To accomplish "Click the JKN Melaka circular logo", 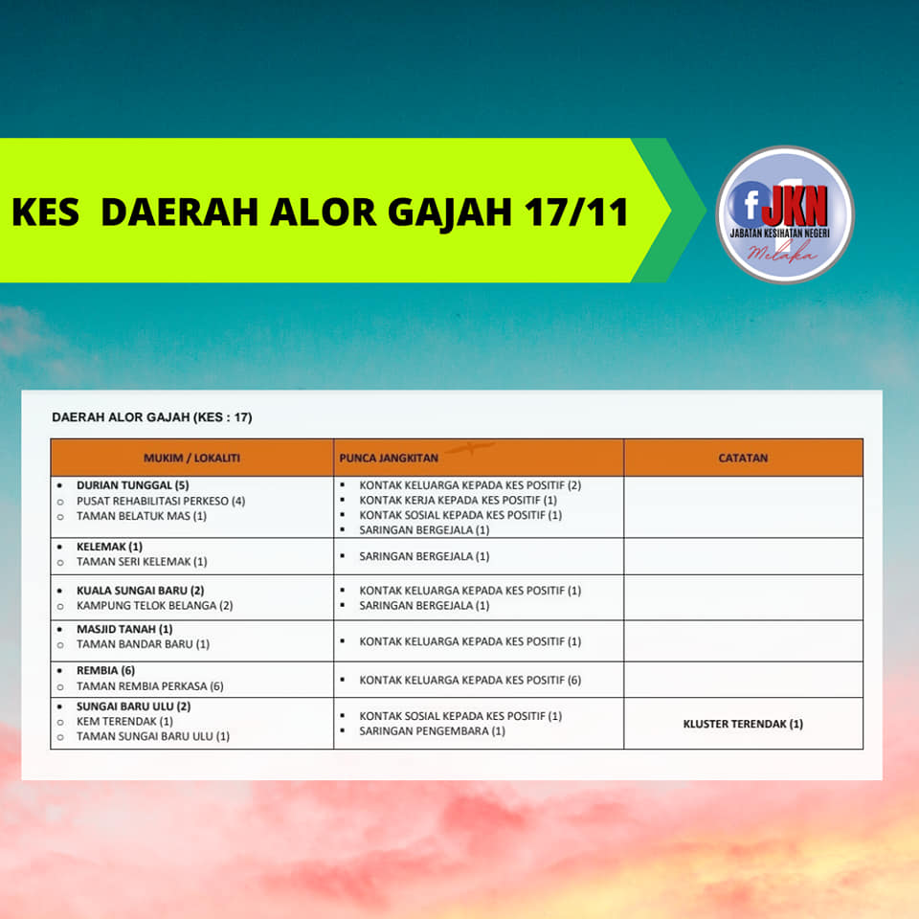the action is click(x=785, y=214).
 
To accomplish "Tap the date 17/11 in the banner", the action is click(x=576, y=212).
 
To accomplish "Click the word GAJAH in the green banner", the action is click(x=450, y=213).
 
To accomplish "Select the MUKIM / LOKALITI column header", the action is click(x=191, y=458).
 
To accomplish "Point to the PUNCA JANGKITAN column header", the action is click(x=389, y=458).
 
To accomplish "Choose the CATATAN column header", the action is click(x=743, y=458).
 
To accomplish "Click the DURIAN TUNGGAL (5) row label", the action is click(x=132, y=485).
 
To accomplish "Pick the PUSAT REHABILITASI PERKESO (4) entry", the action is click(x=161, y=501).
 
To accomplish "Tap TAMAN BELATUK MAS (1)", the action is click(x=142, y=516).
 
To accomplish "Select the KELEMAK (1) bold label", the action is click(x=109, y=547).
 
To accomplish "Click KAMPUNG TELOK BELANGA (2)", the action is click(x=155, y=605).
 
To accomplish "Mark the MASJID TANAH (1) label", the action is click(x=124, y=629).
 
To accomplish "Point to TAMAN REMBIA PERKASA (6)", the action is click(x=150, y=685).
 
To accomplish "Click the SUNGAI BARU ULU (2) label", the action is click(x=134, y=706).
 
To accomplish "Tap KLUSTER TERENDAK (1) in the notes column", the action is click(x=743, y=724).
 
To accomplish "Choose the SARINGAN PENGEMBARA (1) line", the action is click(x=432, y=730).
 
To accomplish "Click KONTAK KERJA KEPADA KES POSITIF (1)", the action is click(x=458, y=500).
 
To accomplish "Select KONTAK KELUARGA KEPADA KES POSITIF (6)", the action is click(x=470, y=680).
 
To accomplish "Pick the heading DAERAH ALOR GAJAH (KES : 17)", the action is click(x=152, y=417).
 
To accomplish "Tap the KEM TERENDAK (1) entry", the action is click(x=124, y=721).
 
